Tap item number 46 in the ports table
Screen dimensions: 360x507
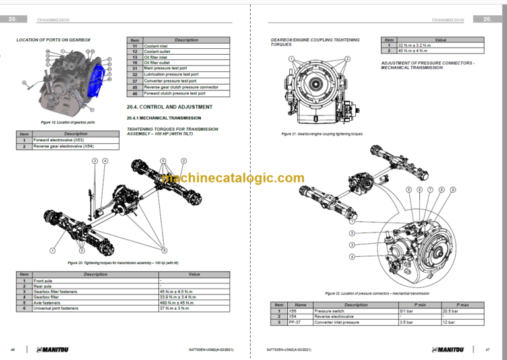(135, 93)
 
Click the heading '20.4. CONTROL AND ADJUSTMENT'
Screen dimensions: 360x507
(169, 106)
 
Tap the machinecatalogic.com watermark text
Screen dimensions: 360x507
(233, 178)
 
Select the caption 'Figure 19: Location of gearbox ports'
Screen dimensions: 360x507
(67, 122)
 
